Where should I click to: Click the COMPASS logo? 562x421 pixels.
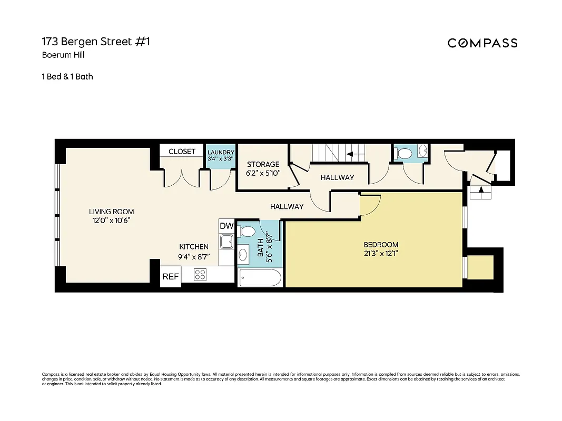pos(482,43)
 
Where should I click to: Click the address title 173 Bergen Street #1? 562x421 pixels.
pos(96,42)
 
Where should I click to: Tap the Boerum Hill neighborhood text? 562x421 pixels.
pos(63,55)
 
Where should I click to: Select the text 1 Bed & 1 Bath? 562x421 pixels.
pos(67,76)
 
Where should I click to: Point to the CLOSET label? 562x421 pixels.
pos(182,152)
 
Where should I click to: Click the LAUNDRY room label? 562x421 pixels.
pos(221,153)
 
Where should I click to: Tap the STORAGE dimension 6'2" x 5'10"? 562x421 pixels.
pos(263,173)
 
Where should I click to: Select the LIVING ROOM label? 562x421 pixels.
pos(112,212)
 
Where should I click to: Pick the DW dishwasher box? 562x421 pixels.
pos(226,226)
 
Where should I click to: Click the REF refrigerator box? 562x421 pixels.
pos(170,276)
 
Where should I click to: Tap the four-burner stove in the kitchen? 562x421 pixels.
pos(200,275)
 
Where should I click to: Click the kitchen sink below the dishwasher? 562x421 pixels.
pos(227,242)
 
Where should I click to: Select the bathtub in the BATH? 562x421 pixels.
pos(260,277)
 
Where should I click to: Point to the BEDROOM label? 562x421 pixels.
pos(381,245)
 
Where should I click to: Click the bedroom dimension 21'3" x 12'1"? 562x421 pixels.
pos(381,254)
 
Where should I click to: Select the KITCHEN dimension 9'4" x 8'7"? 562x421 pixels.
pos(194,256)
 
